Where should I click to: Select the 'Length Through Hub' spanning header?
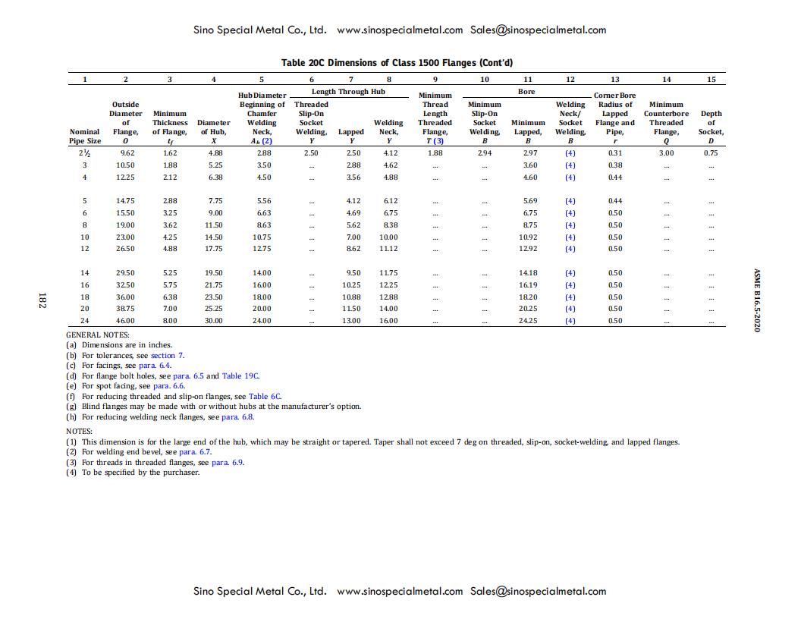(348, 92)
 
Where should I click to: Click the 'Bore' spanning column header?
(526, 92)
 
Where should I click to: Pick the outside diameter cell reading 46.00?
(125, 321)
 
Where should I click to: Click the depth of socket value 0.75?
(710, 152)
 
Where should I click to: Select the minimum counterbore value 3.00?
(666, 152)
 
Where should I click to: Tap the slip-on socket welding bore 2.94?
(484, 152)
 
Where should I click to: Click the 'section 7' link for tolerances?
(167, 355)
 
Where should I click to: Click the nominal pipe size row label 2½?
(84, 152)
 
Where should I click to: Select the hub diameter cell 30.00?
(214, 321)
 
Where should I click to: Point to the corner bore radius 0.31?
(614, 152)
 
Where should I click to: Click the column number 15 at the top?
(710, 79)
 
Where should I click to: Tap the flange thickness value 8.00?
(169, 321)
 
